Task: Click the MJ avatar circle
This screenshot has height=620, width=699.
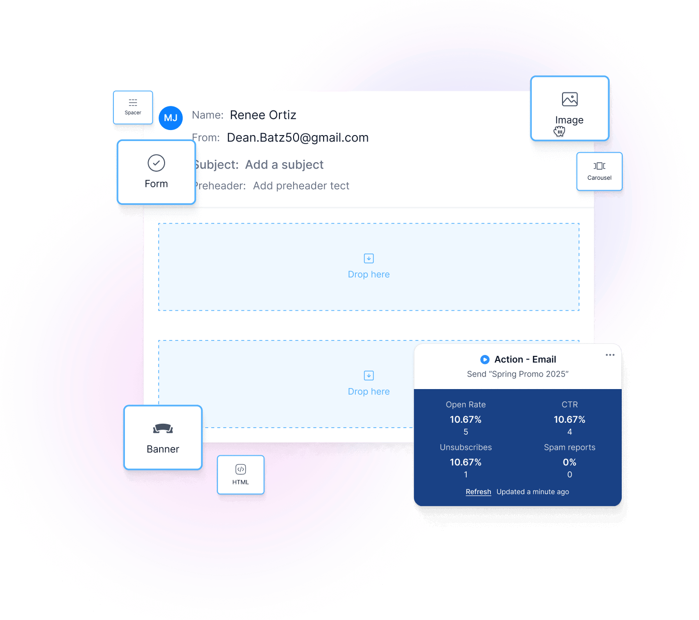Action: click(171, 118)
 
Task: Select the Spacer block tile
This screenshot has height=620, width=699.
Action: click(133, 107)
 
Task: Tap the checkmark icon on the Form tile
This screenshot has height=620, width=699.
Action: click(157, 163)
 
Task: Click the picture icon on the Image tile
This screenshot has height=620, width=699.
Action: click(570, 99)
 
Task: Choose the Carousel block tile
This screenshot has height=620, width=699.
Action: click(599, 171)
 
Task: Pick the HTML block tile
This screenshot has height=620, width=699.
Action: click(240, 474)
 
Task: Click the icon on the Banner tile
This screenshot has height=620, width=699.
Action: click(163, 429)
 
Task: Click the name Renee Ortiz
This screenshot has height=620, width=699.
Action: click(263, 115)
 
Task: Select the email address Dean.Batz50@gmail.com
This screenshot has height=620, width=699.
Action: click(298, 138)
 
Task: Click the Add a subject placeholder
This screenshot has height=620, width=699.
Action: click(284, 165)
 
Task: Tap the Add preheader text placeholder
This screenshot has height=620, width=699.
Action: click(301, 186)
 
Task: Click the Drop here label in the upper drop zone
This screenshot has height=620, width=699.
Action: click(369, 275)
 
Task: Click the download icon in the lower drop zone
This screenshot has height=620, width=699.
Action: click(369, 376)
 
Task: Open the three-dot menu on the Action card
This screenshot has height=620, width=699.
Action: click(610, 355)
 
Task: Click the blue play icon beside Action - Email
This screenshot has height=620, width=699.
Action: click(485, 359)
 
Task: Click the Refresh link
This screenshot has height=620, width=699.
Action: click(478, 492)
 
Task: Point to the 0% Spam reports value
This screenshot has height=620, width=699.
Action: click(570, 462)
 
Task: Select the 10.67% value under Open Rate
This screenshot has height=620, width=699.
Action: click(466, 420)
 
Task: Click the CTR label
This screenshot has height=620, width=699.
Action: click(570, 405)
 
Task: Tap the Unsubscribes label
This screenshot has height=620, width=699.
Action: click(466, 447)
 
